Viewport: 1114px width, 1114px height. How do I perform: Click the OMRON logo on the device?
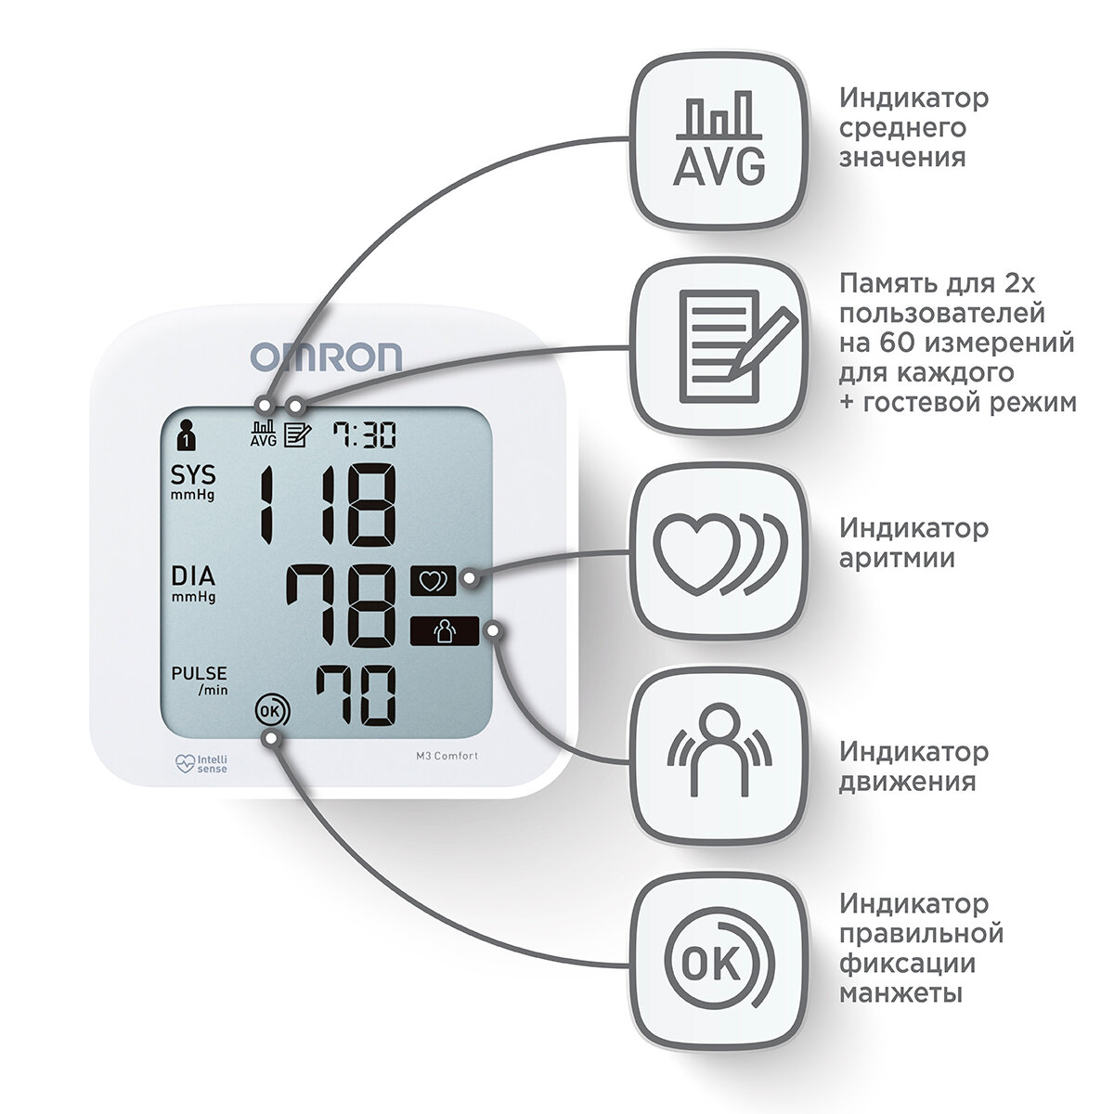(326, 356)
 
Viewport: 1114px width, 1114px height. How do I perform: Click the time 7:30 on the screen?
(365, 434)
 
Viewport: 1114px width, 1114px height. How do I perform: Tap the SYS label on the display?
(193, 476)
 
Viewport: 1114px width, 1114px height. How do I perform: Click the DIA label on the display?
(193, 576)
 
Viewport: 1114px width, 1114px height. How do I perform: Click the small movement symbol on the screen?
(445, 632)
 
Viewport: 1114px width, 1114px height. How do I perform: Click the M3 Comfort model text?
(447, 756)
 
